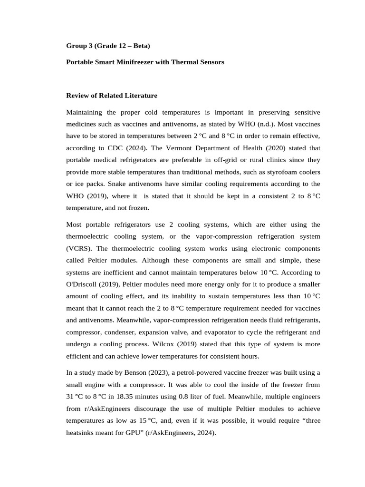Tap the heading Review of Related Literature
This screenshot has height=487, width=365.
tap(111, 96)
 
